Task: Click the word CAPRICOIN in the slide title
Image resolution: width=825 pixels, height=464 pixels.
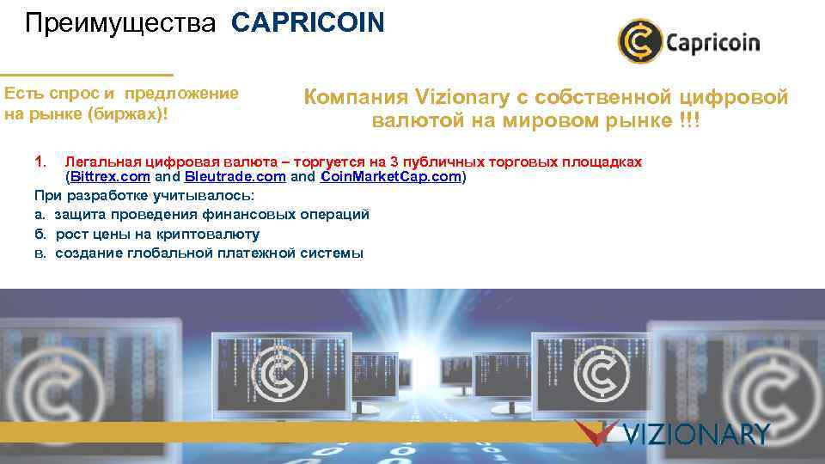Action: (x=308, y=22)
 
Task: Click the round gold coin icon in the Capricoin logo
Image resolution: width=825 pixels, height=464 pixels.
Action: (x=639, y=41)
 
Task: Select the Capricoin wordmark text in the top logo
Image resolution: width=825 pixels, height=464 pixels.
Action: (x=712, y=42)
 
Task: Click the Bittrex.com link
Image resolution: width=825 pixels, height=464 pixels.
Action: (x=110, y=178)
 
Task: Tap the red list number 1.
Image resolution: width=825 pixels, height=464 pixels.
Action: (x=40, y=162)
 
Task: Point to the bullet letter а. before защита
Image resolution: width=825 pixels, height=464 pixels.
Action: (x=40, y=215)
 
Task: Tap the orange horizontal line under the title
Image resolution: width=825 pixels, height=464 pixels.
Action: (x=86, y=75)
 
